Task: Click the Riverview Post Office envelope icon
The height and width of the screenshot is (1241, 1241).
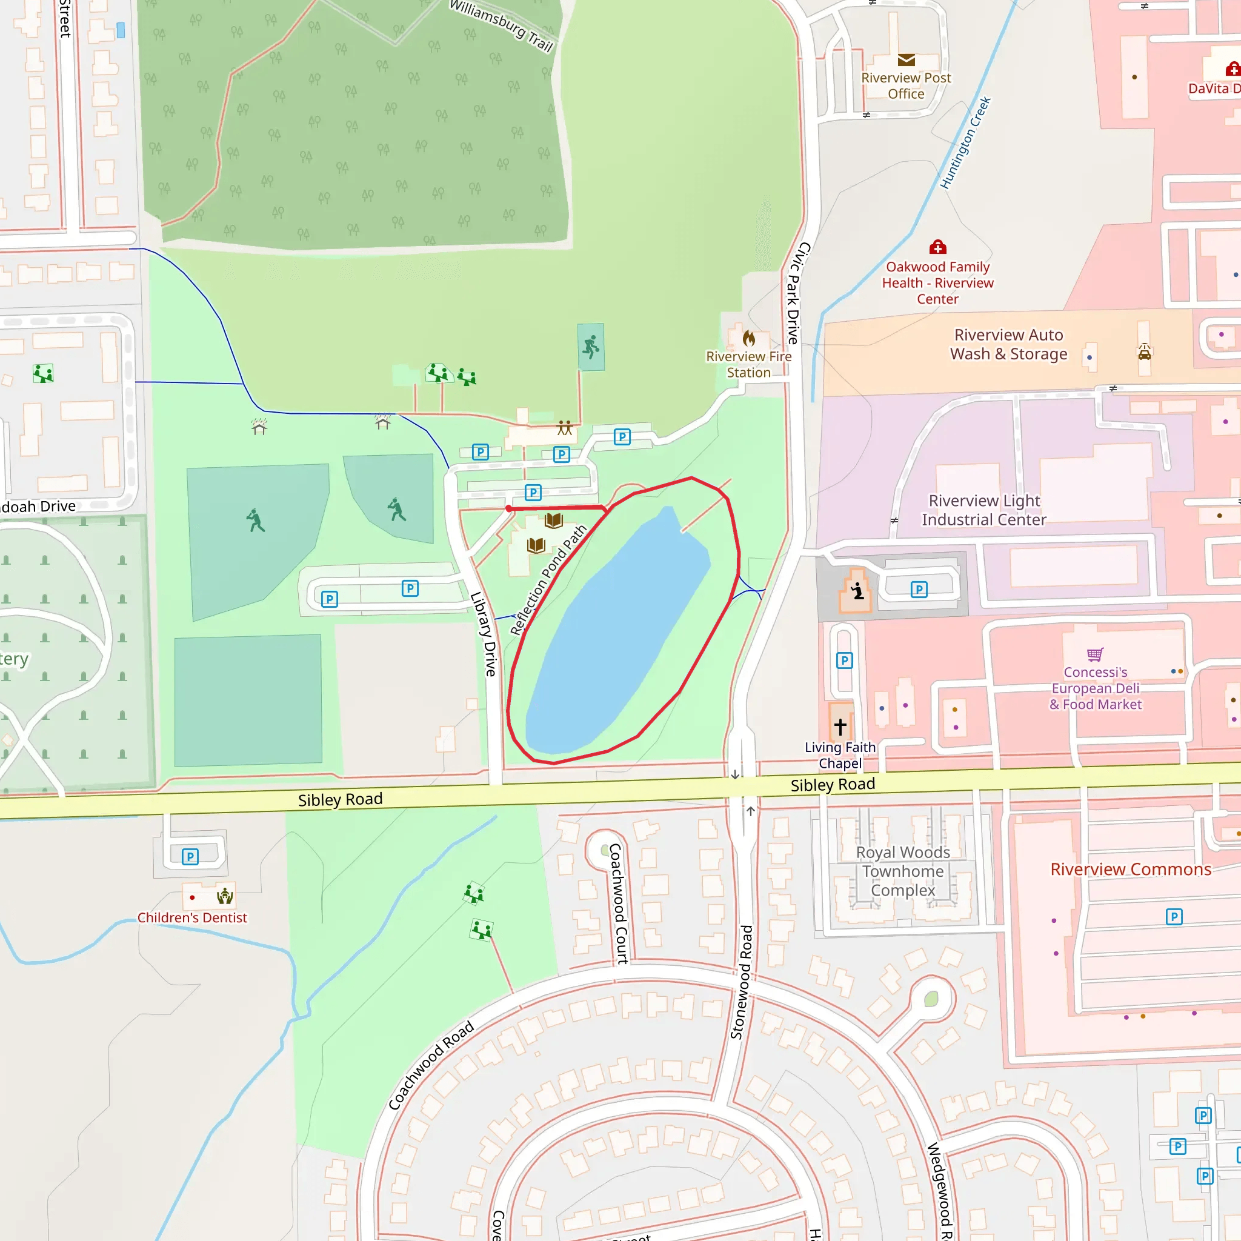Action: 906,61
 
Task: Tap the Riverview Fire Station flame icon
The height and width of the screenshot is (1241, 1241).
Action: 749,338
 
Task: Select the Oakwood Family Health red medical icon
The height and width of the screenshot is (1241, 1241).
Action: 938,247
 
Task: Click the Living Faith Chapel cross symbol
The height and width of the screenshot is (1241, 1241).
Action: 840,727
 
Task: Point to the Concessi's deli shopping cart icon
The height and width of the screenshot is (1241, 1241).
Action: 1095,654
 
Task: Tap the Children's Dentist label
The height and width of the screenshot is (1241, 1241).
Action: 192,918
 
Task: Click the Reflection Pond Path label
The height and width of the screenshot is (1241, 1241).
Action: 548,581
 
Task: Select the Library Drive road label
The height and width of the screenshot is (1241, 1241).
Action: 484,634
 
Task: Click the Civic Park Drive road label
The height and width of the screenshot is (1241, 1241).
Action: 799,293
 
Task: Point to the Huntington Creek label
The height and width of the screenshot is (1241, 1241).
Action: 965,142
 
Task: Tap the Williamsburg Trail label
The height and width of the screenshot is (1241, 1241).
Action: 501,25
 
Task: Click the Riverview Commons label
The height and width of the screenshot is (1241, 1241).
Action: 1131,870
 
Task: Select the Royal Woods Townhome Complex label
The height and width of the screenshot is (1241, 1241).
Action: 902,871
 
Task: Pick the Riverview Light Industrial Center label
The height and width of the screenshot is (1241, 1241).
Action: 984,510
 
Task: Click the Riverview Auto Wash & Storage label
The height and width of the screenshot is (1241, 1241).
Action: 1008,344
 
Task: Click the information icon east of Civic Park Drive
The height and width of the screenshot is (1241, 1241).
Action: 857,590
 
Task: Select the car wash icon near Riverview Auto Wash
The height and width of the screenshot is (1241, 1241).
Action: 1145,351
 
